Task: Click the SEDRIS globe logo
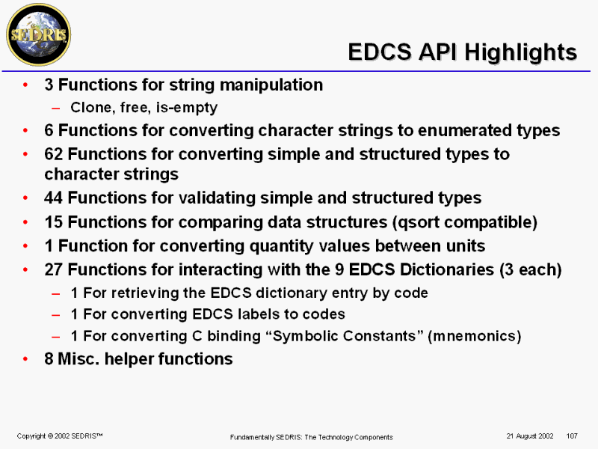[39, 34]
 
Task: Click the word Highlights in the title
[520, 52]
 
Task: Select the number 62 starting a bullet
[53, 154]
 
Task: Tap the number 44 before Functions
[53, 198]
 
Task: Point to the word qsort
[419, 222]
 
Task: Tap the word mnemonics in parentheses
[475, 336]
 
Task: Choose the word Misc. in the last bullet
[78, 359]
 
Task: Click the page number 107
[572, 436]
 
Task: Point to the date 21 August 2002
[530, 436]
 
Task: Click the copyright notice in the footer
[60, 436]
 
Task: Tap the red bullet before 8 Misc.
[25, 359]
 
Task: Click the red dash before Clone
[56, 109]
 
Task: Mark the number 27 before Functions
[53, 269]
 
